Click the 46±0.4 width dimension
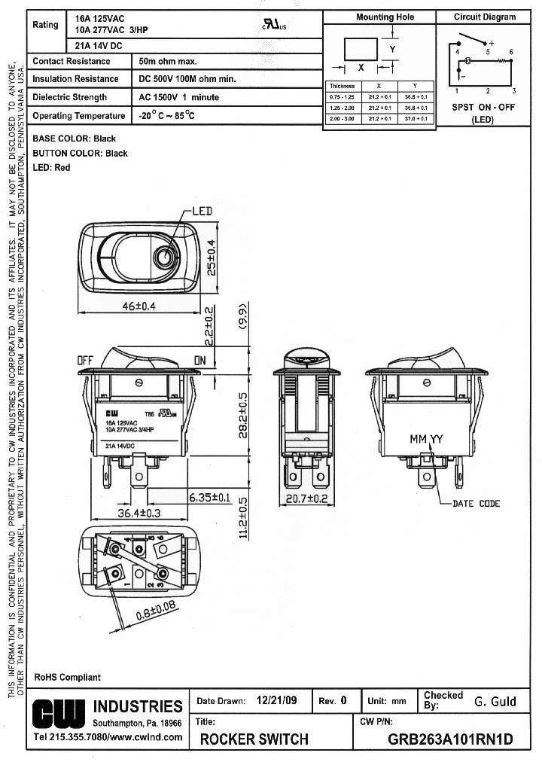(x=138, y=306)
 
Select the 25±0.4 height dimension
(x=212, y=257)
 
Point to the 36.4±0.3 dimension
(x=139, y=513)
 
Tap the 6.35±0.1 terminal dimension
(x=211, y=497)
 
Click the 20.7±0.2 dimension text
(x=306, y=498)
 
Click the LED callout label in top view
(x=202, y=211)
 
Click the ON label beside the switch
(x=199, y=361)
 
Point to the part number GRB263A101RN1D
(x=449, y=739)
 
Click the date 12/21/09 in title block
(x=277, y=700)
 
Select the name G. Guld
(x=495, y=701)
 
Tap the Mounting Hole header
(x=385, y=17)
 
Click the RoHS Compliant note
(x=67, y=678)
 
